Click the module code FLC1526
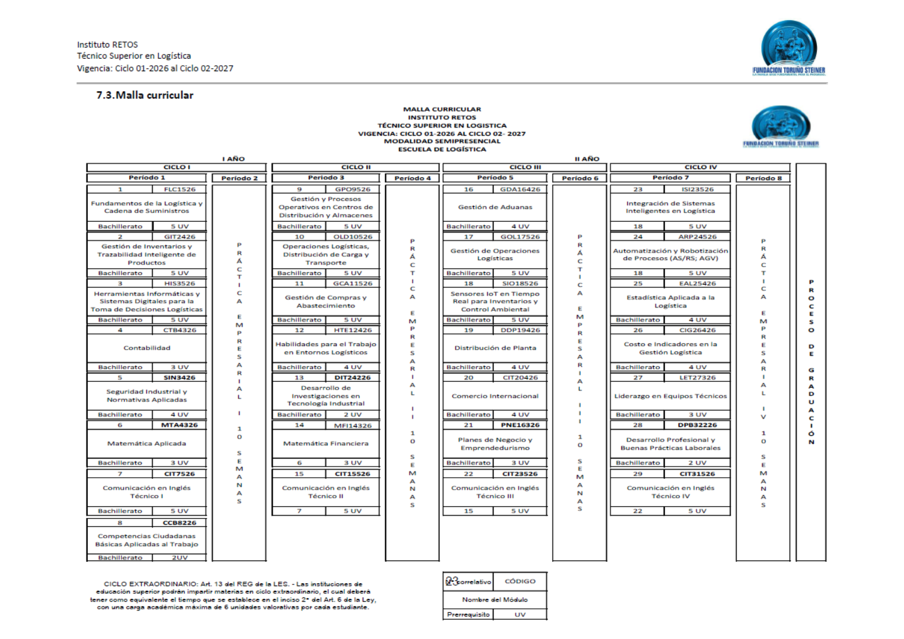pos(180,190)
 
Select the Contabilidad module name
pos(146,348)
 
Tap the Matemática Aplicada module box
pos(146,443)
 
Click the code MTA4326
pos(180,425)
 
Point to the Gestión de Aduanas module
pos(495,207)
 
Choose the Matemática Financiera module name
pos(325,443)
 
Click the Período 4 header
pos(413,178)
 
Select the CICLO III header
pos(525,167)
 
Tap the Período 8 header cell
pos(764,178)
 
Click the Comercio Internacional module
pos(495,396)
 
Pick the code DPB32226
pos(697,425)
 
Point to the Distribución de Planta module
pos(495,348)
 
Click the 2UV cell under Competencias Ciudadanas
pos(180,558)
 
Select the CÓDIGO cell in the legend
pos(520,582)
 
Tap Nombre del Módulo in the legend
pos(495,600)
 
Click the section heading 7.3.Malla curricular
pos(145,95)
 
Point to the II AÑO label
pos(587,159)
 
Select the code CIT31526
pos(697,474)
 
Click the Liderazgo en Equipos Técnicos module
pos(670,396)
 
